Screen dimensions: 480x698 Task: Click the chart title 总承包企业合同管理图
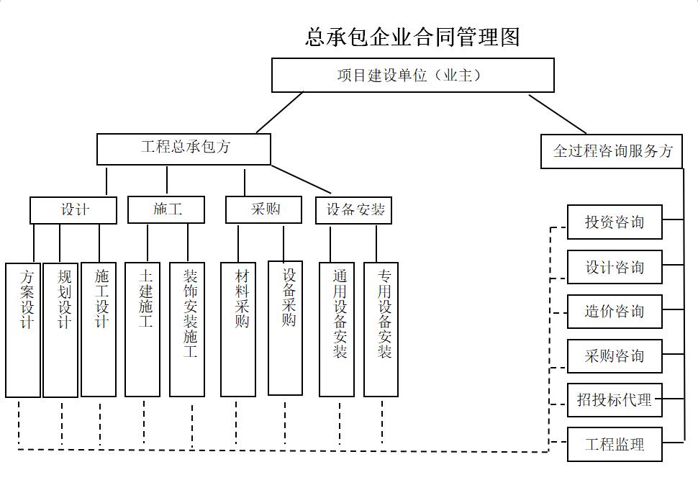(412, 36)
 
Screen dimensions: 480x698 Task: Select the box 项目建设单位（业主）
(412, 76)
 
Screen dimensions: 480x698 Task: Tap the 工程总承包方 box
(184, 149)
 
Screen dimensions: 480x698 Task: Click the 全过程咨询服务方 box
(612, 152)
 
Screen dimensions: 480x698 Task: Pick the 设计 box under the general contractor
(73, 210)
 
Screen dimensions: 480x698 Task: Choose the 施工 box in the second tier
(166, 210)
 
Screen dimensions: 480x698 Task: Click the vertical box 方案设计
(23, 330)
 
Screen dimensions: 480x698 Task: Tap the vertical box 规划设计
(60, 330)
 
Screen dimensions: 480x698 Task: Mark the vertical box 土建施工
(142, 330)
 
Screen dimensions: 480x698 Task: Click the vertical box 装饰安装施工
(187, 330)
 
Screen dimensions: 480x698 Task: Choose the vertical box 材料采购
(238, 330)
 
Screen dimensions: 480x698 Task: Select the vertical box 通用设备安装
(337, 330)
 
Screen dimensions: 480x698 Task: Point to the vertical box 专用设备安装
(381, 330)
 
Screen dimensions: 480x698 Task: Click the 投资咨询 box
(615, 222)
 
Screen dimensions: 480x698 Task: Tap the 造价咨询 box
(615, 312)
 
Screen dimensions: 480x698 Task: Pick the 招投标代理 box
(615, 400)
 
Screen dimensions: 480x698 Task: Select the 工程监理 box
(615, 445)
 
